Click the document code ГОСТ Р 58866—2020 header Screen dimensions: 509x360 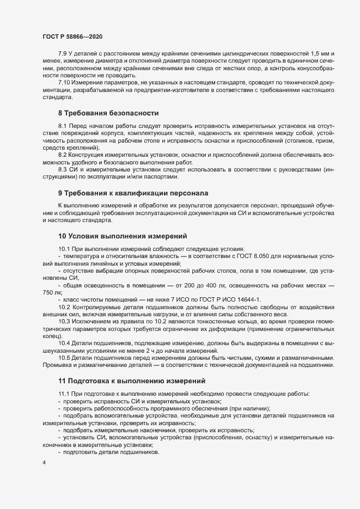pos(72,36)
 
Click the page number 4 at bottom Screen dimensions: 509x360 pos(44,462)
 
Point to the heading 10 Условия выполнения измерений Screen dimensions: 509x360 pos(123,236)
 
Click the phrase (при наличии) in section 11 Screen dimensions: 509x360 pos(249,408)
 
